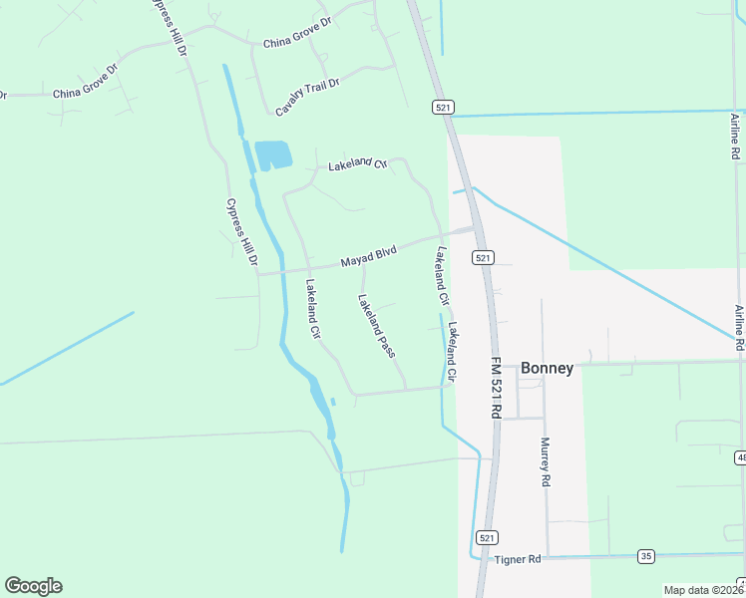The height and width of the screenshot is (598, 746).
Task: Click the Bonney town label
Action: [x=546, y=369]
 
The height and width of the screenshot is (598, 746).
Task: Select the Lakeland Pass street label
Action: [x=377, y=326]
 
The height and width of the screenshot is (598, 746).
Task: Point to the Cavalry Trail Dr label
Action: [x=307, y=96]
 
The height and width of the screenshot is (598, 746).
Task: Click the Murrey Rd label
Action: [x=546, y=461]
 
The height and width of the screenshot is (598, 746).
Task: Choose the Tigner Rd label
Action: [x=517, y=560]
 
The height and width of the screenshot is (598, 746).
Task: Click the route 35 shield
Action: [x=646, y=555]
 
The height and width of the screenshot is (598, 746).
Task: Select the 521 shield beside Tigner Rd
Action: [x=486, y=537]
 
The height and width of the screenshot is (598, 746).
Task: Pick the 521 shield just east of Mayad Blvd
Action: [x=483, y=257]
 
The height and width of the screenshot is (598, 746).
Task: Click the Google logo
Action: [x=33, y=586]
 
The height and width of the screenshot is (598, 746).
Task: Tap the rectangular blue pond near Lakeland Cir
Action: [x=272, y=154]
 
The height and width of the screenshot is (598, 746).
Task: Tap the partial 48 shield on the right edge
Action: [x=741, y=457]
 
